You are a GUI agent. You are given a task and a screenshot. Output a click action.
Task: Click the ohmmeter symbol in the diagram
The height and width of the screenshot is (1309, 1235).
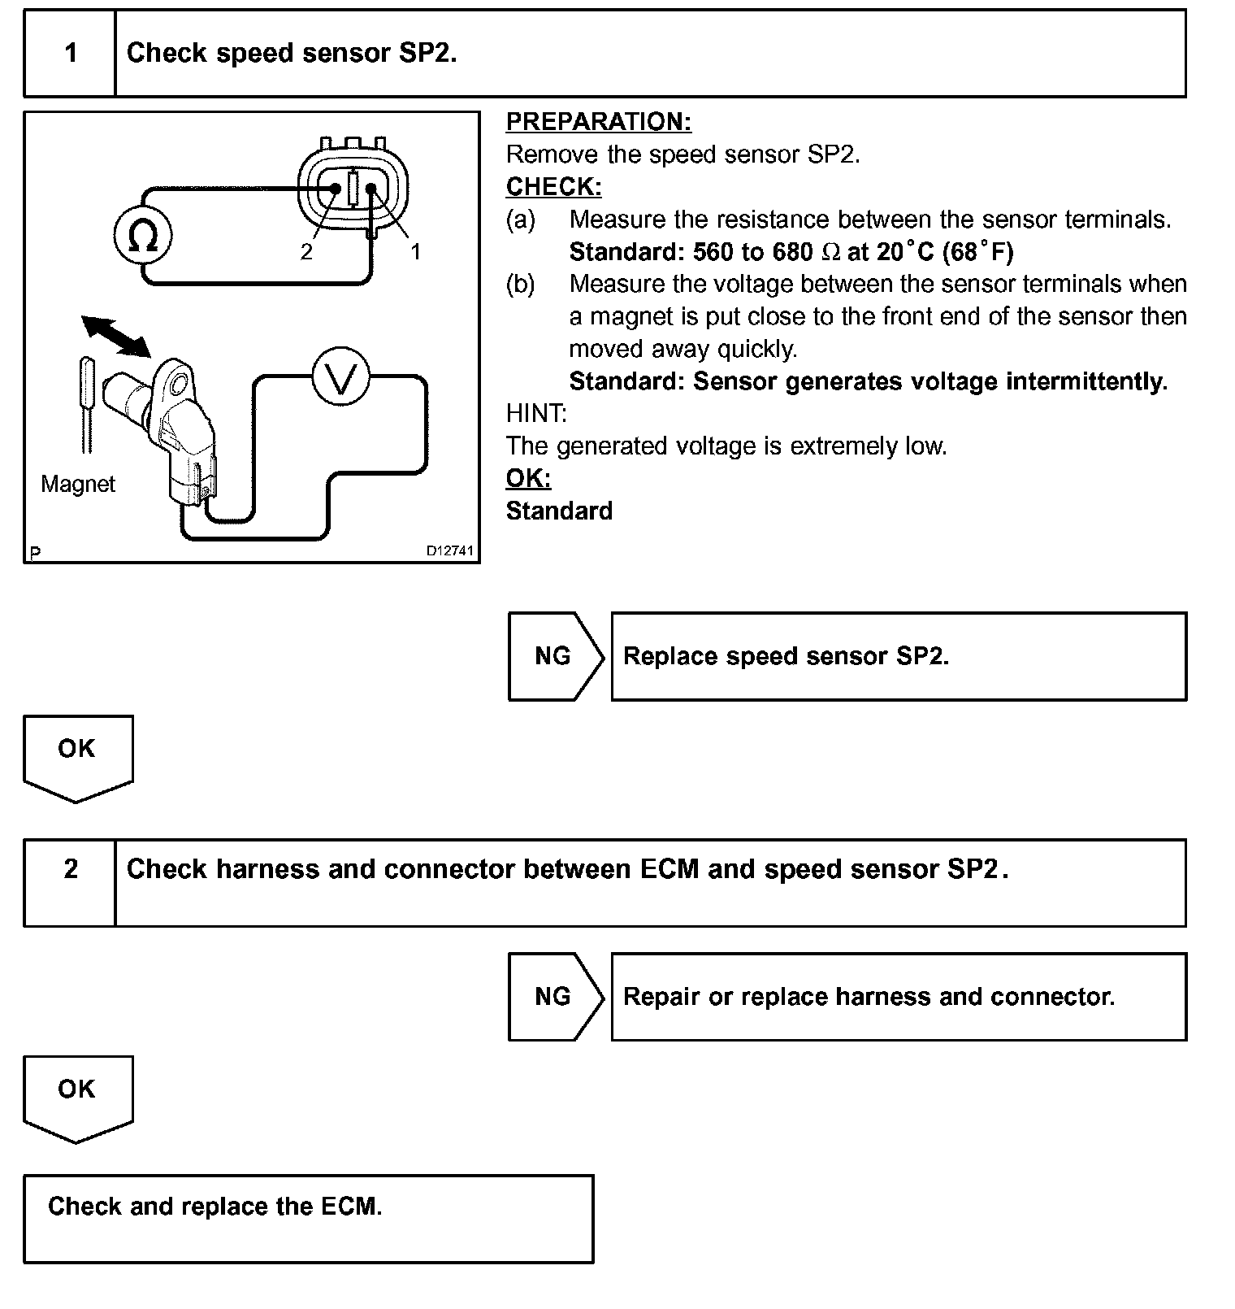point(143,236)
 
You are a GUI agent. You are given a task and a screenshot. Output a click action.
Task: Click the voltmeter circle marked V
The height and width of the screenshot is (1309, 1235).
point(341,378)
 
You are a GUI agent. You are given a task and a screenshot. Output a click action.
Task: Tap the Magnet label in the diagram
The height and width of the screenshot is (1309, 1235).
point(78,485)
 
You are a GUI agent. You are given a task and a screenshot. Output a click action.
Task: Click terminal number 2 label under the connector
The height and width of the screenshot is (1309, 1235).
point(306,252)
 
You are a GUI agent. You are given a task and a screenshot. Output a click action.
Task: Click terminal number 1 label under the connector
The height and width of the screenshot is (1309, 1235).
point(415,252)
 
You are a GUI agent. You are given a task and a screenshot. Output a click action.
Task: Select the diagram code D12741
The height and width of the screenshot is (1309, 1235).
point(449,551)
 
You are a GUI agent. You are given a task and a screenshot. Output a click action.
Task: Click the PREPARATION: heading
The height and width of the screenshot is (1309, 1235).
point(598,122)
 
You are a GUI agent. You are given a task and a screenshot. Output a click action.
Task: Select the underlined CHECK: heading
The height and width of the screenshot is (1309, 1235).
point(553,187)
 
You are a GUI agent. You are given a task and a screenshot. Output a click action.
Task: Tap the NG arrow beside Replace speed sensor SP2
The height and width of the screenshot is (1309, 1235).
point(554,656)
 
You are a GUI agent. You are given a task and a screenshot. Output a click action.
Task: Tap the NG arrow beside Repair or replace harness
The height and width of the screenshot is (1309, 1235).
point(554,996)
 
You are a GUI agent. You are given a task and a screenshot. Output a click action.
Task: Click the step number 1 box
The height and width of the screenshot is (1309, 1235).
point(71,54)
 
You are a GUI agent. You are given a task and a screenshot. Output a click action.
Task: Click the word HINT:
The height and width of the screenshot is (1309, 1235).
point(536,414)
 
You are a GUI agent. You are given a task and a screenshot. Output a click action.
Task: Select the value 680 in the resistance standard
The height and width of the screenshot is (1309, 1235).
point(792,252)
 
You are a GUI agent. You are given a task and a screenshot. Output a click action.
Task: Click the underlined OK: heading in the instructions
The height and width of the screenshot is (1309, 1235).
point(528,478)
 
